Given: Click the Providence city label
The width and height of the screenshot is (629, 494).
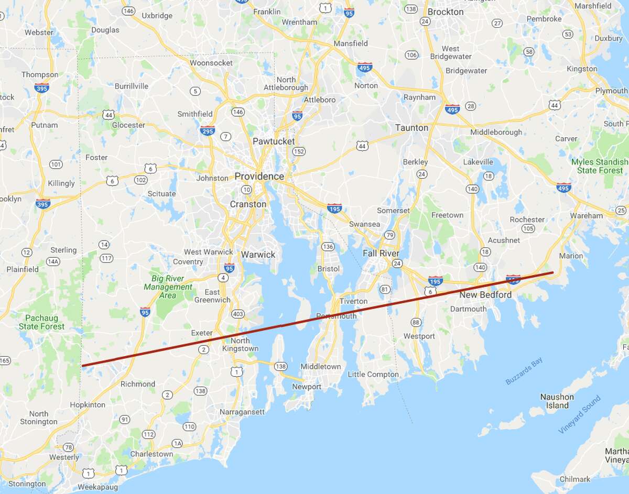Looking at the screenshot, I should pos(259,177).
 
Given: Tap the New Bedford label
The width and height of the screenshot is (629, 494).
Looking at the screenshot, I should pos(485,295).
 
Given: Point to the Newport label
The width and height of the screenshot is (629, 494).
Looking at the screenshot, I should pos(307,387).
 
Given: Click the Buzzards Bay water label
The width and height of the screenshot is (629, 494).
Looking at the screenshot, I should pos(524,371).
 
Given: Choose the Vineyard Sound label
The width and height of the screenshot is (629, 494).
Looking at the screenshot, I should pos(579,414).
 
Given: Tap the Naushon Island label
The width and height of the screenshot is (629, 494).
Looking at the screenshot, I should pos(557,401).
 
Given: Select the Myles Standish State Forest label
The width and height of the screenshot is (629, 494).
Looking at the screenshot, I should pos(600,166).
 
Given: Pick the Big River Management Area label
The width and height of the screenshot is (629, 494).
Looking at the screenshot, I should pos(168,287).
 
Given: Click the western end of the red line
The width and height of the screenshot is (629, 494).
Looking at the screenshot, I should pos(83,365).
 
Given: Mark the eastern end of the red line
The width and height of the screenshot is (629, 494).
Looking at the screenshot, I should pos(552,272).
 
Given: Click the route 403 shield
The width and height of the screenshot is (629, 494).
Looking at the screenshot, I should pos(237,314).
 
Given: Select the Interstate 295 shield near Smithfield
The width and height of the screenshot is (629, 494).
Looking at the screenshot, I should pos(208,130).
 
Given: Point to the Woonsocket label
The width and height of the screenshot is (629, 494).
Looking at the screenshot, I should pos(211,63).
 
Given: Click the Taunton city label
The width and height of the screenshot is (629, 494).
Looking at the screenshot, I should pos(411,128).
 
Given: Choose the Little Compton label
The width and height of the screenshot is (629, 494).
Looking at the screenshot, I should pos(373,374).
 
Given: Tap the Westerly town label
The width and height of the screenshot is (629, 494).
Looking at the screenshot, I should pos(64,457).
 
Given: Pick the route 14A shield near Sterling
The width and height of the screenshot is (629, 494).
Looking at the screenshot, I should pos(53,261).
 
